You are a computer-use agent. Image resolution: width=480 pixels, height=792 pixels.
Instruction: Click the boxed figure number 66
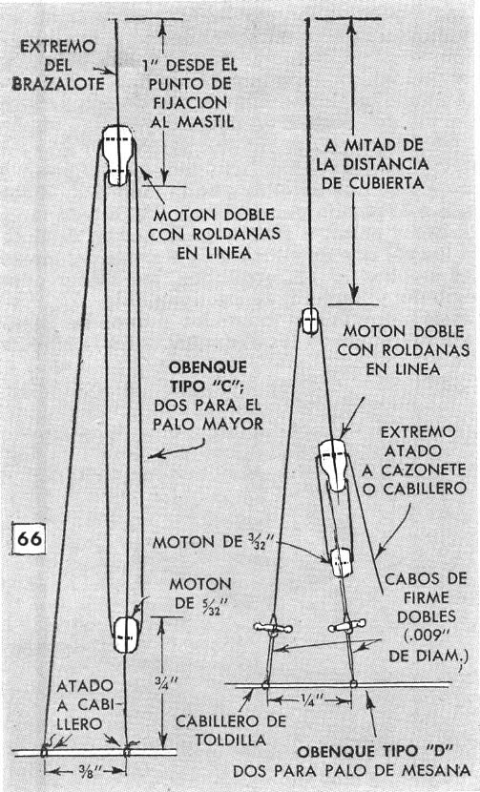pyautogui.click(x=30, y=538)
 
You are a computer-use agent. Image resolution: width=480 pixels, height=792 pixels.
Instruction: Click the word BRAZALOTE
pyautogui.click(x=58, y=84)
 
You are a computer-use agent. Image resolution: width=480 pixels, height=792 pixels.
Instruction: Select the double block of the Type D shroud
pyautogui.click(x=334, y=465)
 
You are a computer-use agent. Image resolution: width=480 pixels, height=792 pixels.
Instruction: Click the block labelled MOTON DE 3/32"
pyautogui.click(x=342, y=562)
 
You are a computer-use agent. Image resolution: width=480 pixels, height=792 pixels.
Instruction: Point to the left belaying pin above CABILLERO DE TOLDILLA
pyautogui.click(x=273, y=628)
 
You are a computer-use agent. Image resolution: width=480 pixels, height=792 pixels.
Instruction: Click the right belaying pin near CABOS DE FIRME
pyautogui.click(x=346, y=627)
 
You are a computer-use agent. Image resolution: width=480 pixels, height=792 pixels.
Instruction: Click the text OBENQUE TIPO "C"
pyautogui.click(x=208, y=376)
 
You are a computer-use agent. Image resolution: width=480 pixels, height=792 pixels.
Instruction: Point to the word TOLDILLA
pyautogui.click(x=230, y=740)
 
